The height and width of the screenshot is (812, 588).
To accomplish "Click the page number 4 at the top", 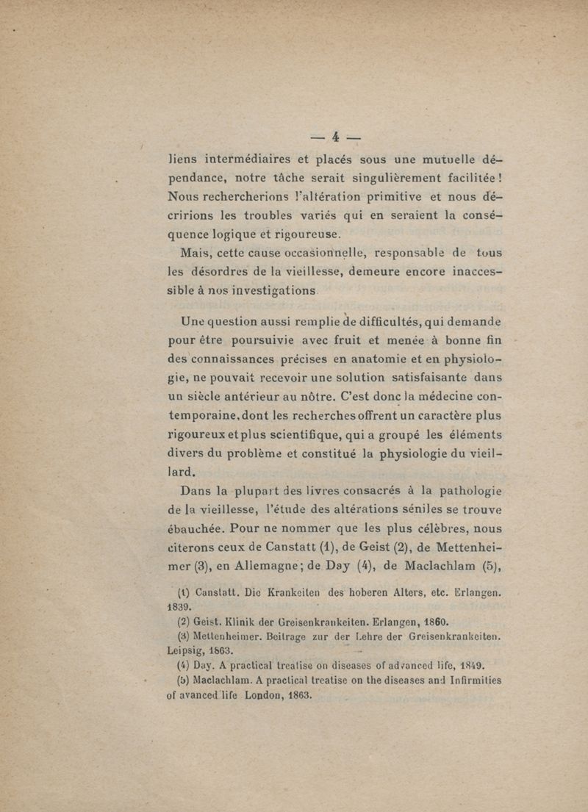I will point(334,138).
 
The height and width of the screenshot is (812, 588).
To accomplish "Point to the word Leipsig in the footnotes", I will point(183,650).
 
